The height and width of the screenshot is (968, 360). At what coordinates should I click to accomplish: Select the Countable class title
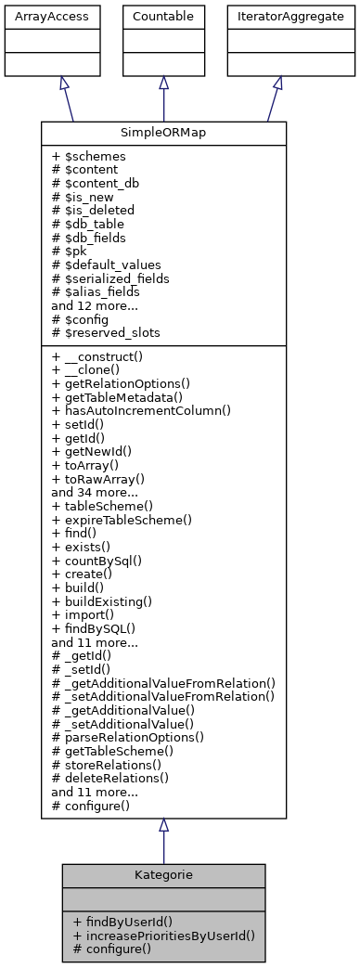click(x=163, y=16)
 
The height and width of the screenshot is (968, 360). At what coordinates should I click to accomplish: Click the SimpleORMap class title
click(x=163, y=133)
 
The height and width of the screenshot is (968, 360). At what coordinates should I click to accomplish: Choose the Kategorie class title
click(x=163, y=875)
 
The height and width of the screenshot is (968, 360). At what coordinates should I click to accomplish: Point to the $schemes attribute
click(x=89, y=157)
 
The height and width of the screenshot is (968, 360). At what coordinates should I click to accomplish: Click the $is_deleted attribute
click(x=93, y=210)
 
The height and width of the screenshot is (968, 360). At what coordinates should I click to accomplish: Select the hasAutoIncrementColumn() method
click(x=141, y=409)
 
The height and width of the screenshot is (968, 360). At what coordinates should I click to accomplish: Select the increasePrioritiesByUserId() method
click(x=162, y=936)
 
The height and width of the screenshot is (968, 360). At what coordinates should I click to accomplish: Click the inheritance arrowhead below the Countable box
click(x=163, y=83)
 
